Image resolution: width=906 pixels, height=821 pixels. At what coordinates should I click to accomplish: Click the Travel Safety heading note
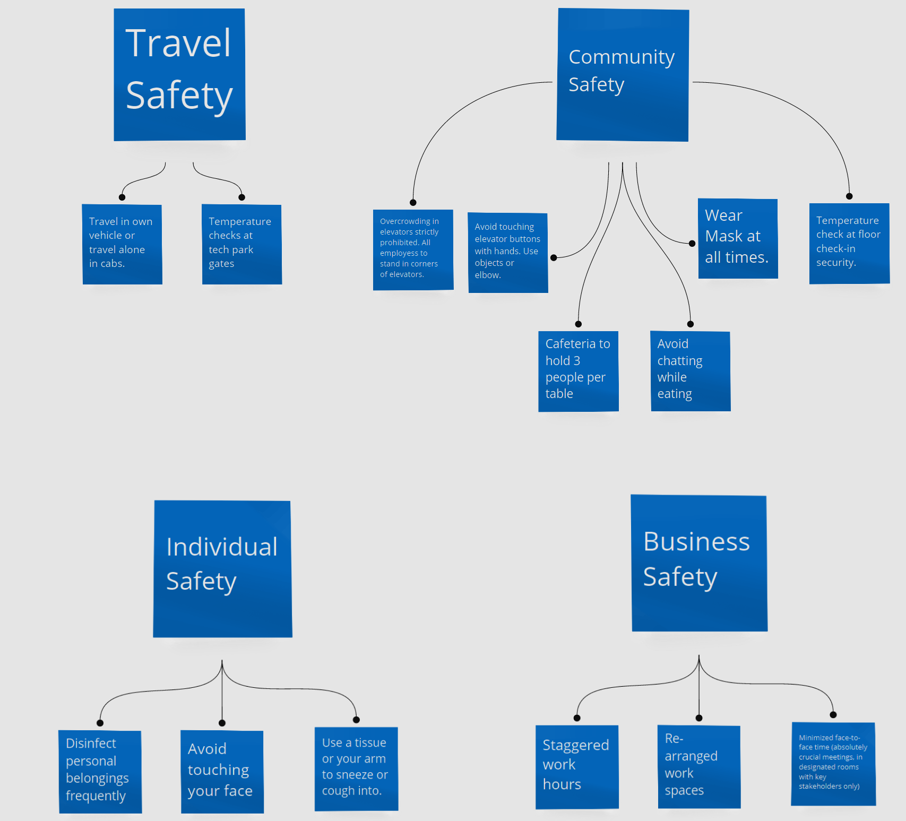pyautogui.click(x=179, y=74)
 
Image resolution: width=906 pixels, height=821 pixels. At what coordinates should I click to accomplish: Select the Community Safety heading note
pyautogui.click(x=623, y=75)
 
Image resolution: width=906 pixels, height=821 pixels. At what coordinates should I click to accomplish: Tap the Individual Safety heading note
pyautogui.click(x=222, y=568)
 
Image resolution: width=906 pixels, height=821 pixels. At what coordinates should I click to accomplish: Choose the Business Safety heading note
pyautogui.click(x=699, y=563)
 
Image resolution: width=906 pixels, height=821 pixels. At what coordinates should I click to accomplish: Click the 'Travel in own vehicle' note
pyautogui.click(x=122, y=244)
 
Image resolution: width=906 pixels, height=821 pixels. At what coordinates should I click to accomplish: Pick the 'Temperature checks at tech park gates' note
pyautogui.click(x=241, y=244)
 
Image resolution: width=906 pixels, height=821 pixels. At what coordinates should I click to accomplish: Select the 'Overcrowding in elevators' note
pyautogui.click(x=413, y=249)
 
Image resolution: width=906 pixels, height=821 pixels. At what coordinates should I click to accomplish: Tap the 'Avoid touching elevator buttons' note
pyautogui.click(x=507, y=253)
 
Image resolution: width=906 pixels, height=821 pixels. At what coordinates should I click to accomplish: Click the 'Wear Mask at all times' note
pyautogui.click(x=738, y=238)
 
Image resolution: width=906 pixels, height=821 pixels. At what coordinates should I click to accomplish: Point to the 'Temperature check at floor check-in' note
pyautogui.click(x=849, y=243)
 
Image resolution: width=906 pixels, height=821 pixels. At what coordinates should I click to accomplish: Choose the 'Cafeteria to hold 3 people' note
pyautogui.click(x=578, y=371)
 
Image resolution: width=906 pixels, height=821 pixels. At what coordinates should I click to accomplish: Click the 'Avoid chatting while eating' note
pyautogui.click(x=691, y=371)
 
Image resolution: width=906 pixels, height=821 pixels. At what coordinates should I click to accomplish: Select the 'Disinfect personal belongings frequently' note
pyautogui.click(x=100, y=772)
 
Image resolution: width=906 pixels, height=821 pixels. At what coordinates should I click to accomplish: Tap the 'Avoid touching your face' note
pyautogui.click(x=222, y=772)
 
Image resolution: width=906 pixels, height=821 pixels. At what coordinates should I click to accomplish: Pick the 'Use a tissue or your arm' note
pyautogui.click(x=356, y=768)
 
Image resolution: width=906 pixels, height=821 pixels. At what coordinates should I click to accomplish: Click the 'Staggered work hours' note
pyautogui.click(x=577, y=767)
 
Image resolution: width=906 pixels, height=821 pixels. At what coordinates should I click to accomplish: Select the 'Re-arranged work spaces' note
pyautogui.click(x=699, y=766)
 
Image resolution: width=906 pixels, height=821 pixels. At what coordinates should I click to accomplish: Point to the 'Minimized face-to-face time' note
pyautogui.click(x=833, y=764)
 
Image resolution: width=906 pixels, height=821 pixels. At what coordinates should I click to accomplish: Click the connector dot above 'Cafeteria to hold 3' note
pyautogui.click(x=579, y=324)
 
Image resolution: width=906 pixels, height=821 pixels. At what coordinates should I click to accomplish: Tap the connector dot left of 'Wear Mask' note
pyautogui.click(x=692, y=244)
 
